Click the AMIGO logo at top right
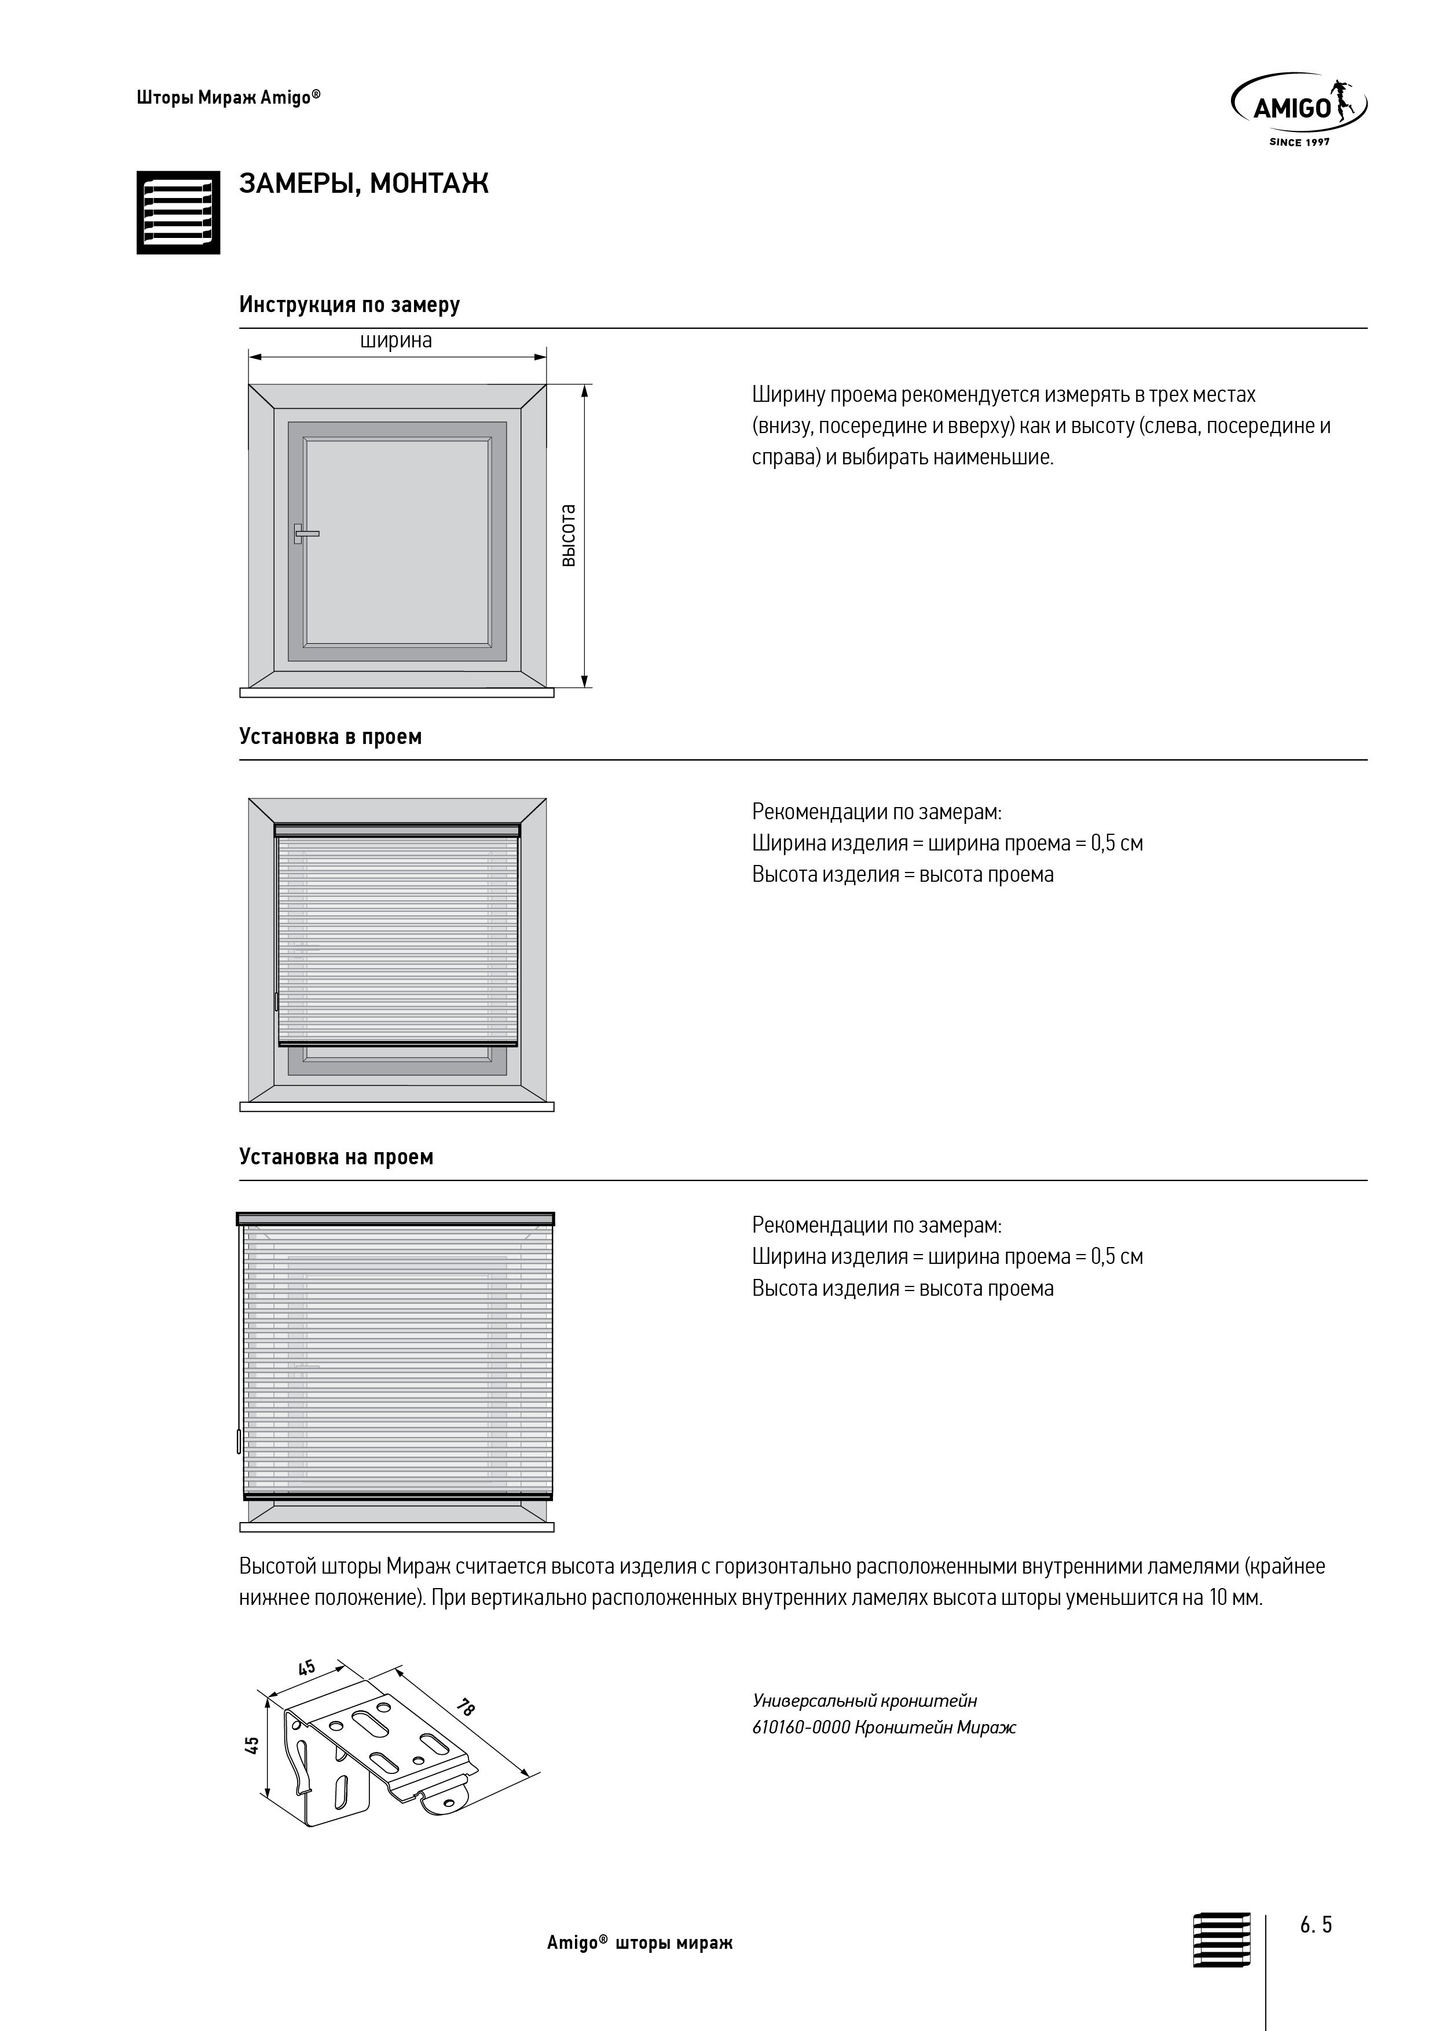pos(1298,106)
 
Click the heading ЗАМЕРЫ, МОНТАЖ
pos(364,184)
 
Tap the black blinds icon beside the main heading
pos(178,212)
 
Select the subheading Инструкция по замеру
pos(350,305)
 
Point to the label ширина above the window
pos(395,340)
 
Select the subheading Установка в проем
pos(330,737)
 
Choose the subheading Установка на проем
pos(336,1157)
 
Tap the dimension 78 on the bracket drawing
pos(466,1725)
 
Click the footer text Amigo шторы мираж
pos(640,1969)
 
